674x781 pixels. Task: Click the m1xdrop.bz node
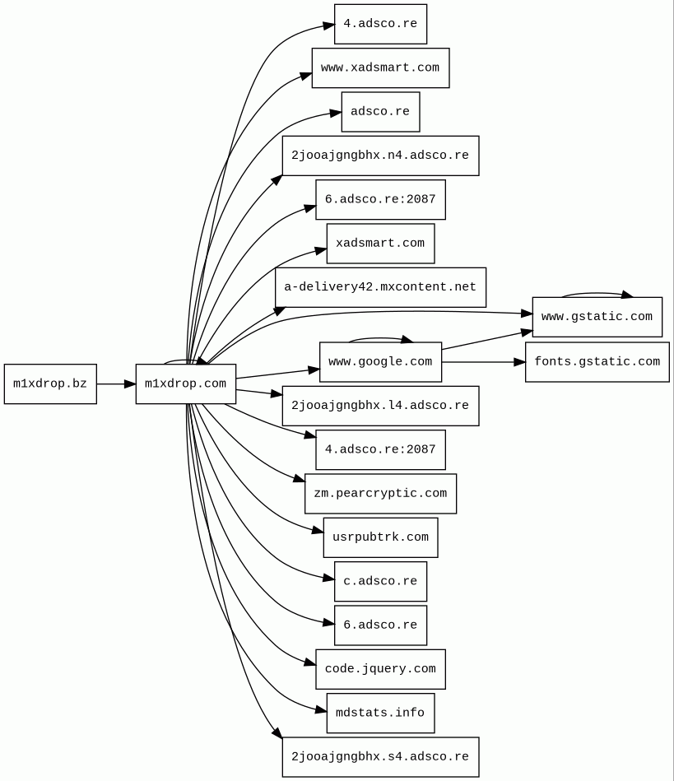pos(50,384)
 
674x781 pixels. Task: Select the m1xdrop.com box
pos(185,384)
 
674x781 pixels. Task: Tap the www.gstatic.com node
pos(597,317)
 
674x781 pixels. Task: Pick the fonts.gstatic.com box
pos(597,362)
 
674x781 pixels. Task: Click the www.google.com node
pos(380,362)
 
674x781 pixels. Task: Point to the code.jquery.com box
pos(380,669)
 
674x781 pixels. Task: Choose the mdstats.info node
pos(380,713)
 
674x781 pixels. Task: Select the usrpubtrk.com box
pos(380,537)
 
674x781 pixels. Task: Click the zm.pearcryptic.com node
pos(380,494)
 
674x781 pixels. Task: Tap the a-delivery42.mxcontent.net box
pos(380,287)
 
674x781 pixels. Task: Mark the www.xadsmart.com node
pos(380,67)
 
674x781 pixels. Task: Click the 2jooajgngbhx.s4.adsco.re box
pos(380,757)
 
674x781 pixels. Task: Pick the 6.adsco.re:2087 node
pos(380,200)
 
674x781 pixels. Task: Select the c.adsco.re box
pos(380,581)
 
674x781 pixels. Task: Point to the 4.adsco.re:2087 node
pos(380,450)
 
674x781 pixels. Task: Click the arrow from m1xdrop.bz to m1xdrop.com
pos(116,384)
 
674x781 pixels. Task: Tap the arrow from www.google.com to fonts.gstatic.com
pos(483,362)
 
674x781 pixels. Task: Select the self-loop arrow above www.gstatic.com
pos(597,293)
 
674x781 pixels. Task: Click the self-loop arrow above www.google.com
pos(379,338)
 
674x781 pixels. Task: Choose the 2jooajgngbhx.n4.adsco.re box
pos(380,156)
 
